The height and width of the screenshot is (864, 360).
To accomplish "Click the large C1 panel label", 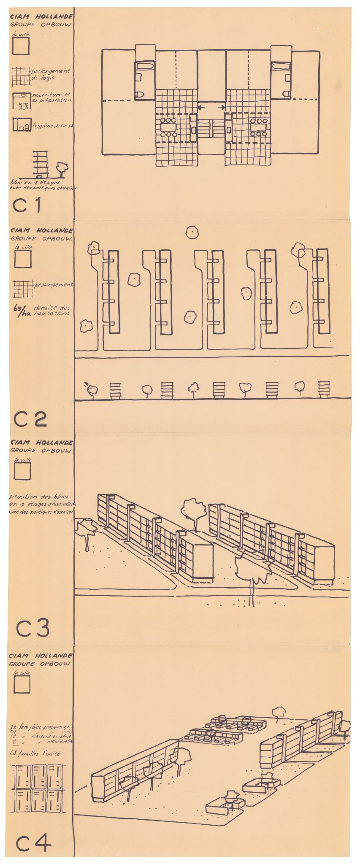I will tap(27, 205).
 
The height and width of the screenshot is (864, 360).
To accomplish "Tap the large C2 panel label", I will tap(30, 418).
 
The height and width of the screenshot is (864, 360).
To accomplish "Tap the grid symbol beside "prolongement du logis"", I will tap(21, 76).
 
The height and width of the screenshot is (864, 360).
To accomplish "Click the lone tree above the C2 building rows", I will tap(192, 232).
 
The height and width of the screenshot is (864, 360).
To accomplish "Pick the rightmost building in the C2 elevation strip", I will tap(324, 389).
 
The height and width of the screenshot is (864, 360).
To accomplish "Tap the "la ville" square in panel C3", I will tap(22, 471).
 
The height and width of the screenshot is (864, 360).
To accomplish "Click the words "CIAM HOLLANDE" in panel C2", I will tap(41, 231).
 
